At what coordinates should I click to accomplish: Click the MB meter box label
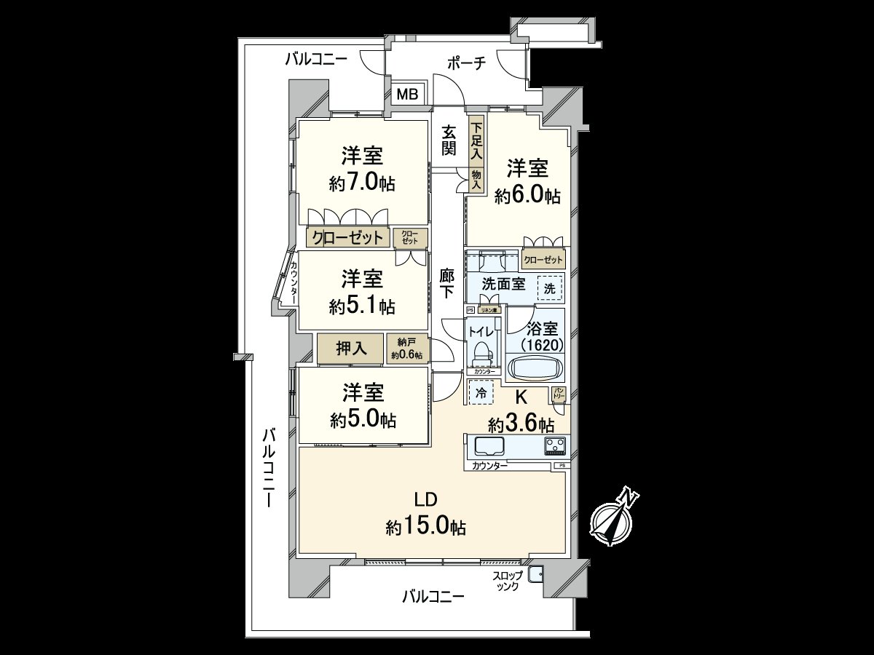[407, 94]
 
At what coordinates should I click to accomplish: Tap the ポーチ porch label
[466, 64]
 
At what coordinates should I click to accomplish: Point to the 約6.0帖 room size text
[527, 196]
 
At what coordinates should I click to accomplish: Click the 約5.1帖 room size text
[362, 306]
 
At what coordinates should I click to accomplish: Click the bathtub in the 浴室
[535, 365]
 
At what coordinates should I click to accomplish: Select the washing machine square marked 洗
[550, 288]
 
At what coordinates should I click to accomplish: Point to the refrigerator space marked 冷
[481, 393]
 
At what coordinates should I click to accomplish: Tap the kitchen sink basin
[489, 446]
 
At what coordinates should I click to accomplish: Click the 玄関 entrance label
[449, 140]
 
